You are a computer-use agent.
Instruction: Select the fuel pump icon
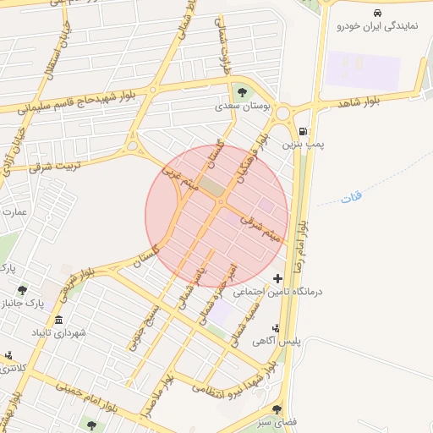[x=303, y=132]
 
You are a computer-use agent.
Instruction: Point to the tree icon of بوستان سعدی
[x=243, y=92]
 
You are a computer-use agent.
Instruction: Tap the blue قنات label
[x=351, y=198]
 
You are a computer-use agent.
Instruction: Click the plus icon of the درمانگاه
[x=277, y=278]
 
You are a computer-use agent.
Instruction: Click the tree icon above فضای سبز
[x=277, y=409]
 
